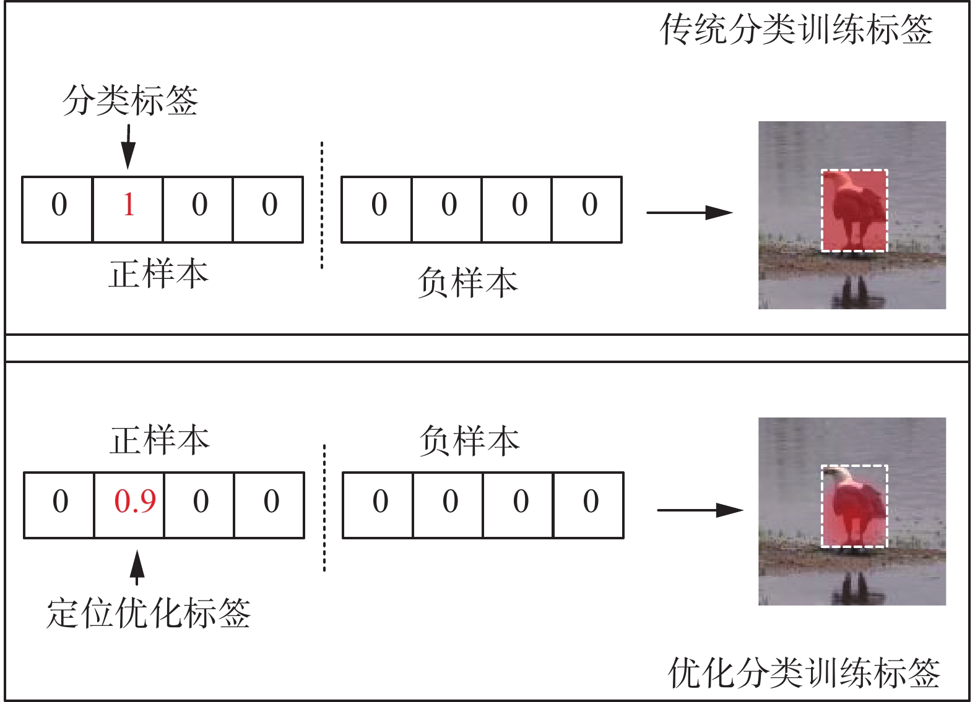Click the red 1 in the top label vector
[128, 205]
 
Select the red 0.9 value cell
[135, 501]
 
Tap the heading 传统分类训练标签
[796, 30]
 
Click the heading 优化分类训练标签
[804, 673]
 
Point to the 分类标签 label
[130, 100]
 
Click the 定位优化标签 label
[149, 614]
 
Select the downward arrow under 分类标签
[128, 147]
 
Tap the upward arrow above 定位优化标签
[137, 568]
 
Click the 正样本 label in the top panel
[158, 274]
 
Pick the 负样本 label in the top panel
[468, 283]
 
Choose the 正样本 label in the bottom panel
[160, 440]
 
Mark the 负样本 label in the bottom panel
[469, 441]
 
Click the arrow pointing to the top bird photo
[689, 213]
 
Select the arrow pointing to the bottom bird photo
[700, 510]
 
